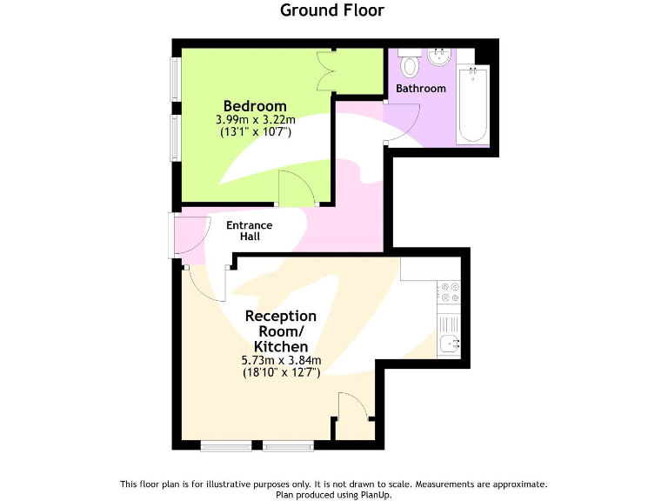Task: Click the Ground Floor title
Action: point(331,10)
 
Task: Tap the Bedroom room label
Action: point(255,106)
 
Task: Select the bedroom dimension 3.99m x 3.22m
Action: point(256,120)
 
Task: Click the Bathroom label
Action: point(421,89)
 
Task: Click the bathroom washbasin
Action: point(438,59)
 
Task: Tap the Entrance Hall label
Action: point(250,230)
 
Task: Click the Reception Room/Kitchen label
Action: point(280,331)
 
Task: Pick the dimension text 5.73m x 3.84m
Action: point(281,360)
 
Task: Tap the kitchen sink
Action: point(450,343)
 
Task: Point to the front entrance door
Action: point(192,235)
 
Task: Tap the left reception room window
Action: point(226,447)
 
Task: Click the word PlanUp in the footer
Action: point(374,494)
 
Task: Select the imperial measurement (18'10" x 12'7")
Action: point(281,372)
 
